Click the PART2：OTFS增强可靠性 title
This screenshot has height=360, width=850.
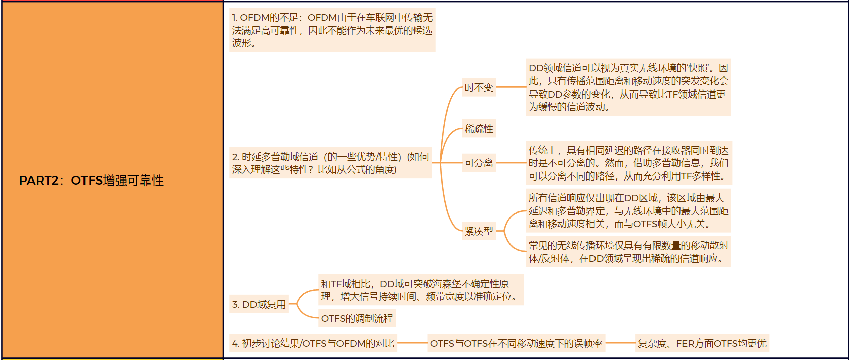[x=92, y=181]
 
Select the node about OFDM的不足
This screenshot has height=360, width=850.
[x=332, y=30]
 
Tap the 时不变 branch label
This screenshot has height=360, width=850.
[x=479, y=87]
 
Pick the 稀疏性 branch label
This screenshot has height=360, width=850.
[x=479, y=129]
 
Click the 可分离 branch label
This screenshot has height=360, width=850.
[x=479, y=163]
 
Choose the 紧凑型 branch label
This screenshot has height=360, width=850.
[x=479, y=231]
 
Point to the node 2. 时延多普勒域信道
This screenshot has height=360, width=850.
[x=330, y=163]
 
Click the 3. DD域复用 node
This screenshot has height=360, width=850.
[x=259, y=304]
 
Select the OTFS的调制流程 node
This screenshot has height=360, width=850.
[x=357, y=318]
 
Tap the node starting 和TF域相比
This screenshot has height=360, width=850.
[x=420, y=290]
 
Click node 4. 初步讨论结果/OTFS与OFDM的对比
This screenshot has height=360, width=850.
[x=313, y=343]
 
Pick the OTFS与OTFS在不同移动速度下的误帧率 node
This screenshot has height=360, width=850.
[x=516, y=343]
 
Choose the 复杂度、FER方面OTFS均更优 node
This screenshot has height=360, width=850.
[x=702, y=343]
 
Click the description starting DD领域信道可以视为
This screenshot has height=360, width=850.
[x=628, y=87]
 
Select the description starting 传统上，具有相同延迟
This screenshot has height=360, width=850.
[x=628, y=163]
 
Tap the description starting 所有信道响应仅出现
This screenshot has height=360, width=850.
[x=628, y=211]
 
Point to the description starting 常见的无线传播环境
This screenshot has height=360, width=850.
[x=628, y=252]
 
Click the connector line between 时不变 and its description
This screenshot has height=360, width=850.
[x=511, y=87]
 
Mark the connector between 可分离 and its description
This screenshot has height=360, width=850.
[x=511, y=163]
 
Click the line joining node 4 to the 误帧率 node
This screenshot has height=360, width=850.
[x=412, y=343]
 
